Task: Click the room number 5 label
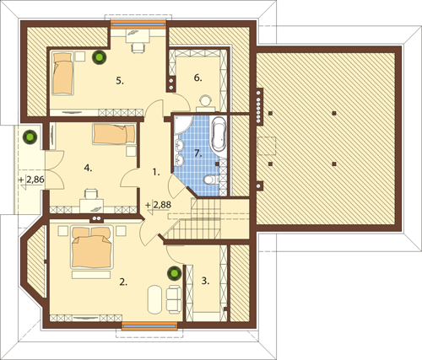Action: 120,81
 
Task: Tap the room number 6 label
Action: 197,78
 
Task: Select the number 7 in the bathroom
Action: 198,153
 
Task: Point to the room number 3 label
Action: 205,281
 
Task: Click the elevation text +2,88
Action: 158,205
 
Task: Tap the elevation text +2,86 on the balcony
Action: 31,180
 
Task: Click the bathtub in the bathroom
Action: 219,135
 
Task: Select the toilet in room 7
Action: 211,180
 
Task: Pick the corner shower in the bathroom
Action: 182,124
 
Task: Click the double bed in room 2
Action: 92,247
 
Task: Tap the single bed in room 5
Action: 63,73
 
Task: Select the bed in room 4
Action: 114,134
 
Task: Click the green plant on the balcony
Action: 30,137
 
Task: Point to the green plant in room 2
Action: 174,273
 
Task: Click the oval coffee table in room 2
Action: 154,300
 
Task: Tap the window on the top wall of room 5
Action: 138,24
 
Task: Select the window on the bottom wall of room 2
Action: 149,326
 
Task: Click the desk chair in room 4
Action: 92,194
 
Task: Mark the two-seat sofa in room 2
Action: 174,299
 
